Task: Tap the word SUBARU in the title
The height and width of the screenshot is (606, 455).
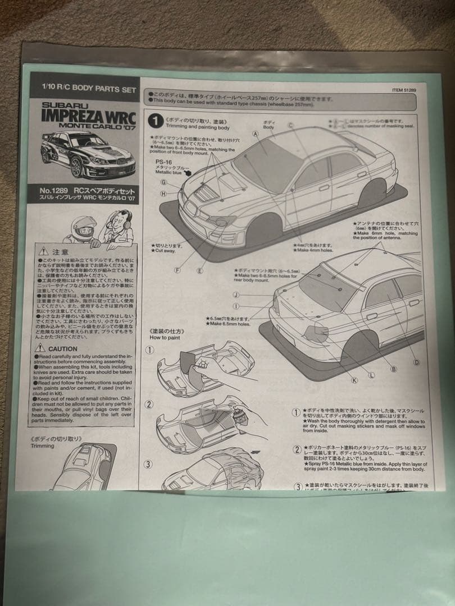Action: click(66, 105)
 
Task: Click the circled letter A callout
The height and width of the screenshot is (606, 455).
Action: click(255, 134)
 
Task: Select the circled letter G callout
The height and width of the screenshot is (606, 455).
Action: click(163, 182)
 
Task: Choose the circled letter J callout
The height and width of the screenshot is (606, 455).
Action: click(236, 295)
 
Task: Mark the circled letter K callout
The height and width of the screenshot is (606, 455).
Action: click(354, 380)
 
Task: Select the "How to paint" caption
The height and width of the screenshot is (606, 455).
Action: click(165, 337)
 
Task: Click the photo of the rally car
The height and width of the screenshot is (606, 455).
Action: click(88, 154)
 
